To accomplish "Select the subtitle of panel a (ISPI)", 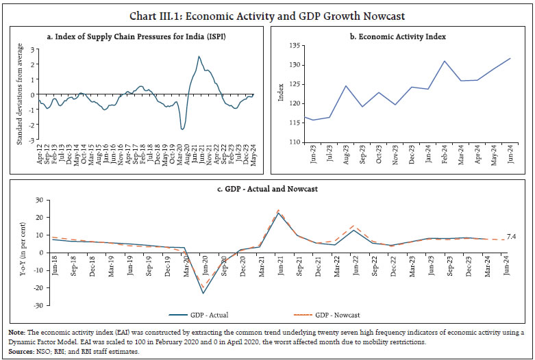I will click(x=137, y=36).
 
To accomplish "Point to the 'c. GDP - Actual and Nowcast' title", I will click(x=266, y=188).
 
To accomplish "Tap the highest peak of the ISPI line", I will click(x=199, y=56).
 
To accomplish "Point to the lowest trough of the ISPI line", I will click(x=182, y=129).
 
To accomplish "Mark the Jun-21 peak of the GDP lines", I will click(x=278, y=212).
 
